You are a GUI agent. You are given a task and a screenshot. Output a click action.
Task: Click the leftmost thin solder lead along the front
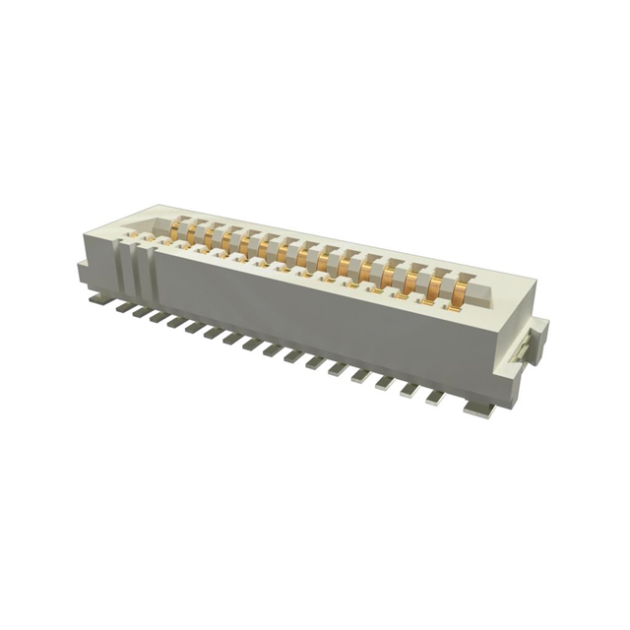pos(120,307)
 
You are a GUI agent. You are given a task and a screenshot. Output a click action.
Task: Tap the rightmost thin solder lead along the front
pos(434,396)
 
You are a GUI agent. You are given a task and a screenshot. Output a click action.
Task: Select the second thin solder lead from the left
pos(138,312)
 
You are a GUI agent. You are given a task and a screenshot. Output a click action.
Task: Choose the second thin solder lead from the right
pos(409,390)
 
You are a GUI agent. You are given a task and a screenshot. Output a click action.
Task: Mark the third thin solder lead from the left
pos(156,317)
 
